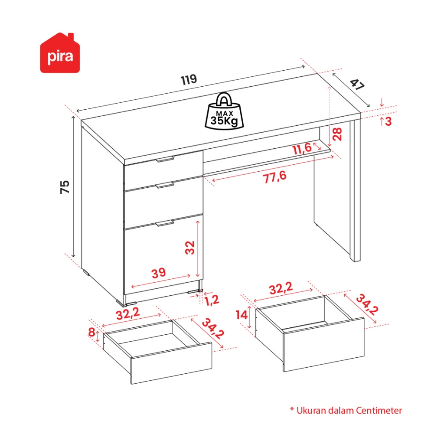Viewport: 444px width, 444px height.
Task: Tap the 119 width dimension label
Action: click(189, 80)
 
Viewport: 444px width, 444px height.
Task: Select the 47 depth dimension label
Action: click(357, 85)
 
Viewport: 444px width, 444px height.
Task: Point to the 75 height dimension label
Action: click(65, 187)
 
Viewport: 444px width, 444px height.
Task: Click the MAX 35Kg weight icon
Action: click(224, 111)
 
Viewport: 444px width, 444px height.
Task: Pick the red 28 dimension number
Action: click(337, 134)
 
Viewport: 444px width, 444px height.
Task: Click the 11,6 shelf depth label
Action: click(302, 149)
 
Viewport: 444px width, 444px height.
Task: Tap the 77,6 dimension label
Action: click(274, 177)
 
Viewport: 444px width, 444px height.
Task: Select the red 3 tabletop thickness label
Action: click(388, 121)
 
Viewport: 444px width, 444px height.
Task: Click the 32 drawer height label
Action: click(190, 248)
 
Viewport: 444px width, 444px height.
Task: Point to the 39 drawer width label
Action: click(159, 273)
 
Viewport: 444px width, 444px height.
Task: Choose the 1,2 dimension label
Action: click(212, 300)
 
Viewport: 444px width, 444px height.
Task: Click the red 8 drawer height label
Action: click(91, 332)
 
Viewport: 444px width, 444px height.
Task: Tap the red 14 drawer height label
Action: click(242, 315)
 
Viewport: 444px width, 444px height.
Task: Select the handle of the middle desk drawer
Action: click(165, 185)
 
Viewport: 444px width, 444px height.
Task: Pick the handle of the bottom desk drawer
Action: click(165, 223)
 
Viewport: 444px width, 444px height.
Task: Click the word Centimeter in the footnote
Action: click(379, 411)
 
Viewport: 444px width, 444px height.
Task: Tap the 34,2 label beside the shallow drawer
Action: click(213, 329)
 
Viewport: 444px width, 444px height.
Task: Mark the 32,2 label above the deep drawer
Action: click(281, 288)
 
